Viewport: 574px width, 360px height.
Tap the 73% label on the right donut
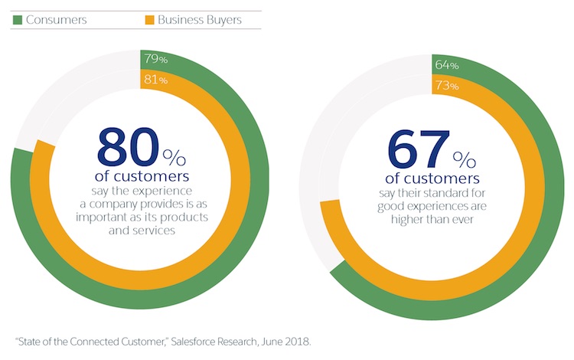(x=446, y=85)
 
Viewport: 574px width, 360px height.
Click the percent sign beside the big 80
(x=174, y=157)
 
